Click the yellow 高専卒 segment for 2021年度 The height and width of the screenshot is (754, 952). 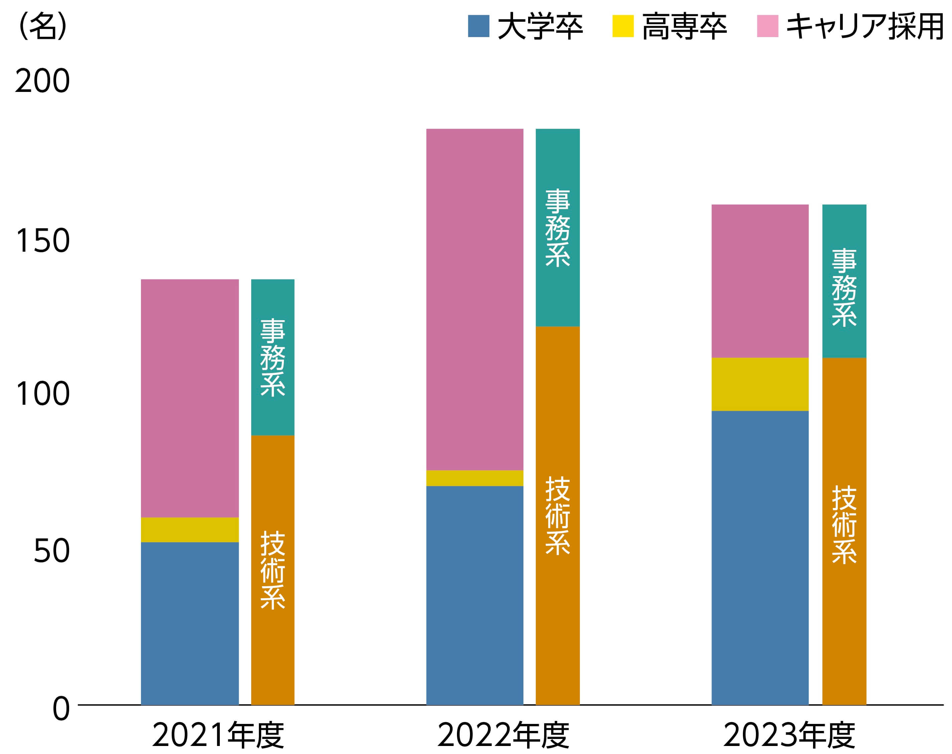(190, 530)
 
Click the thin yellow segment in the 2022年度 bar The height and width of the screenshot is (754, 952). (475, 478)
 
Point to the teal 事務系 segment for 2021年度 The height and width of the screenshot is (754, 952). (273, 358)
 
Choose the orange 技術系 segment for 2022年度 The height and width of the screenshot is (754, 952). (558, 516)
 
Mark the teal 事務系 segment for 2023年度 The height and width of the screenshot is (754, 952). (844, 281)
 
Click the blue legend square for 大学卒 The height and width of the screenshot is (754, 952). (479, 26)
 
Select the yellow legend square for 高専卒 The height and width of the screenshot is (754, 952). (623, 26)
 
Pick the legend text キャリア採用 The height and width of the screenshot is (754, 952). (865, 26)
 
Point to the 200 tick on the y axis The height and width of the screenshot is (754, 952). (42, 81)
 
